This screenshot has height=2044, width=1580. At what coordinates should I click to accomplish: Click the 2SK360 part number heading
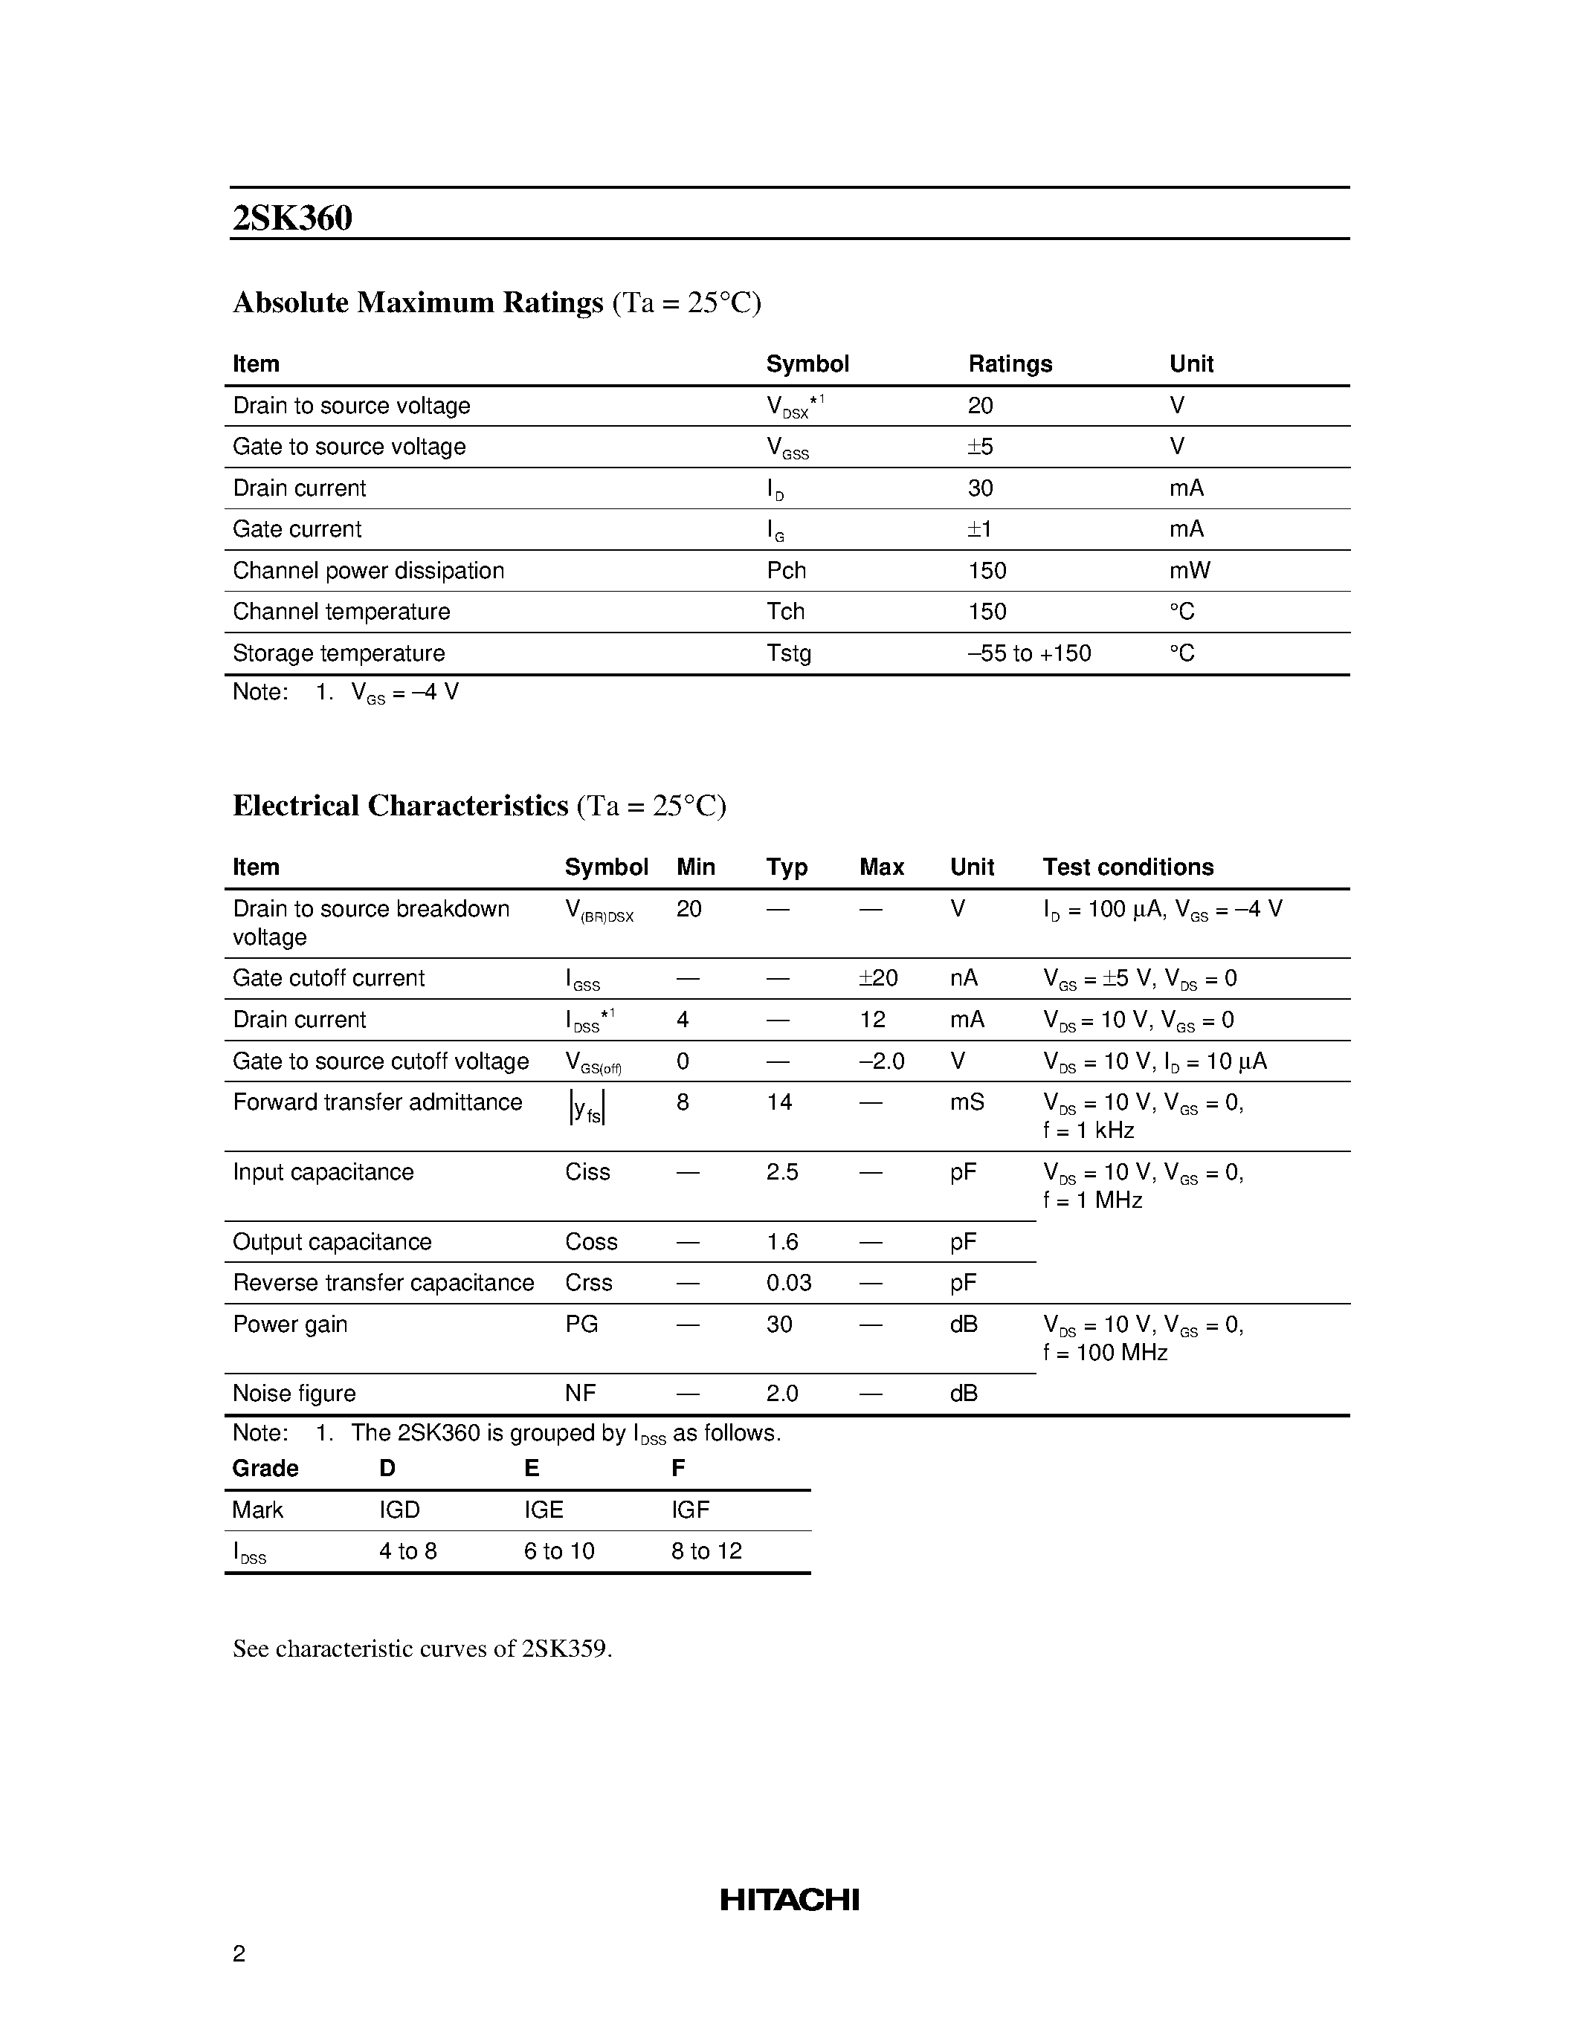tap(292, 218)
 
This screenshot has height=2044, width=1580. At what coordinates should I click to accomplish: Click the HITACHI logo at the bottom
tap(789, 1899)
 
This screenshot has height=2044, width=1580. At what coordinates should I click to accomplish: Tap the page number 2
tap(239, 1953)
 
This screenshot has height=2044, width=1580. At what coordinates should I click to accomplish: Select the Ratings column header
tap(1010, 364)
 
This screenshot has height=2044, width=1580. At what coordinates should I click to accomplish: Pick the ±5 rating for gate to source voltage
tap(980, 447)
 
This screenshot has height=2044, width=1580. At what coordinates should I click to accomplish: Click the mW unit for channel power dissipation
tap(1189, 571)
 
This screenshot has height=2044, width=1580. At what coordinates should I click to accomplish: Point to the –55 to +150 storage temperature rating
tap(1029, 653)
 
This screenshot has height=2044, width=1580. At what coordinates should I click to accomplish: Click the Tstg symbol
tap(788, 653)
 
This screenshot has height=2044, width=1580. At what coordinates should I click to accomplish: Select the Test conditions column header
tap(1128, 867)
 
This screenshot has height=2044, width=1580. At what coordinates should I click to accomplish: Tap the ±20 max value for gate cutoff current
tap(878, 978)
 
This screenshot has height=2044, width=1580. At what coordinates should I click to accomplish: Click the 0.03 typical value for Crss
tap(788, 1283)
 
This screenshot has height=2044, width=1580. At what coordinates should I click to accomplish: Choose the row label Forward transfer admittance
tap(377, 1102)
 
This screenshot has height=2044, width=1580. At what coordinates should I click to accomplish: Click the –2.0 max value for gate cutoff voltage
tap(881, 1061)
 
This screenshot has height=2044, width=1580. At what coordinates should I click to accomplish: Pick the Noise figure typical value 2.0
tap(781, 1394)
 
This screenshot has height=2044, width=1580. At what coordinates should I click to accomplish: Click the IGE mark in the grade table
tap(543, 1510)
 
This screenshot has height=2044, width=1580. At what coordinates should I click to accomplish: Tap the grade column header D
tap(387, 1469)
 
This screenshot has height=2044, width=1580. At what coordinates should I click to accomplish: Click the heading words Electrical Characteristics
tap(400, 806)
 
